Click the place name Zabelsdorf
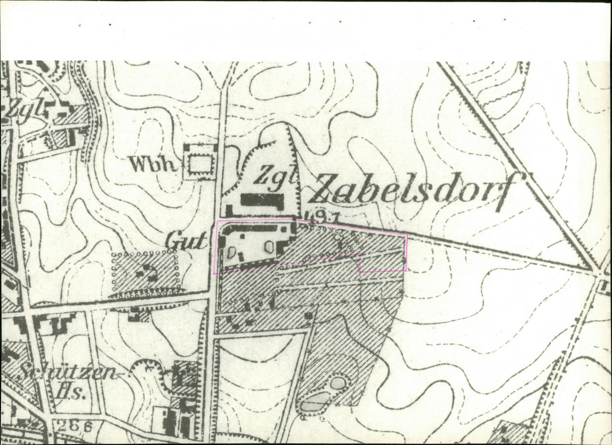pos(411,190)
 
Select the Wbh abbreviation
pos(153,164)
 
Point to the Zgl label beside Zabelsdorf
pos(275,176)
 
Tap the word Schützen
pos(66,374)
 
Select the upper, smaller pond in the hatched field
pos(337,382)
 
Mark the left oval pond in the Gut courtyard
pos(231,252)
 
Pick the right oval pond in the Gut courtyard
pos(269,247)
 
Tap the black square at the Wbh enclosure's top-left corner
pos(187,147)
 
